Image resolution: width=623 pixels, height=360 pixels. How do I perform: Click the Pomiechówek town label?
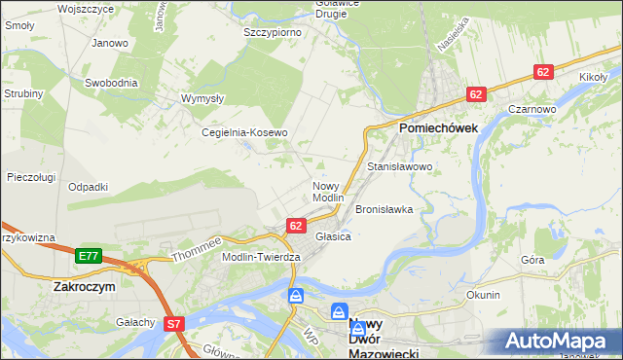[437, 127]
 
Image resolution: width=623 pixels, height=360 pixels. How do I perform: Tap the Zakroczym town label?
[86, 288]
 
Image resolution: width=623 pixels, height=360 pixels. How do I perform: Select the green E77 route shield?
[88, 256]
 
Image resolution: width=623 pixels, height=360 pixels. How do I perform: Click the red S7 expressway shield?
[174, 324]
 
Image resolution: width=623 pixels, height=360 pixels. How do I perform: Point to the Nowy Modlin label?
[328, 192]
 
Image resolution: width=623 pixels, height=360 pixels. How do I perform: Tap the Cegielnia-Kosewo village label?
[244, 132]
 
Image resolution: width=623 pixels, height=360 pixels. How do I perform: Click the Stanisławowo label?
[399, 167]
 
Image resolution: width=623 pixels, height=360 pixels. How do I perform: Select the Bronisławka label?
[385, 209]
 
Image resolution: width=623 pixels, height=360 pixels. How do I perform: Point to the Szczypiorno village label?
[272, 31]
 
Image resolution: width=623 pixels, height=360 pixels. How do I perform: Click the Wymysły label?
[203, 98]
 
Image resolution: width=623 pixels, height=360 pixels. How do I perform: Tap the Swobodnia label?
[111, 83]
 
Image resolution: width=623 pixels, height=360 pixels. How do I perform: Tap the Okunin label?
[483, 295]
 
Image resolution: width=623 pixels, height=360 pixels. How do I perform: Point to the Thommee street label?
[198, 249]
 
